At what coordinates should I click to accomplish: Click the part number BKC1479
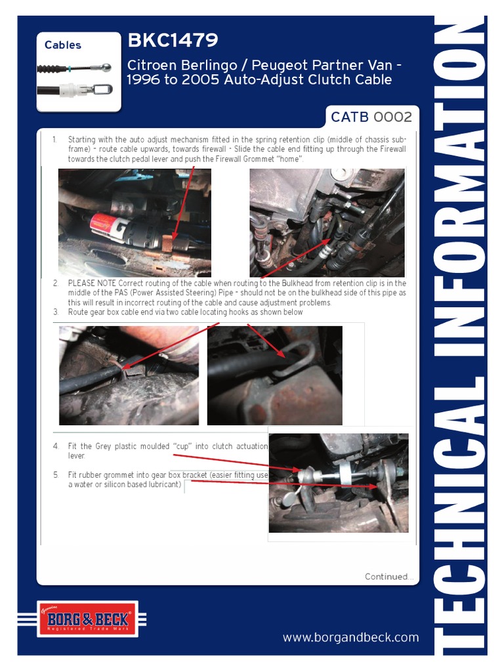(x=173, y=41)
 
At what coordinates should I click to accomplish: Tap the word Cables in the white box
(x=63, y=45)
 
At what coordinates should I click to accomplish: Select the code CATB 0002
(x=371, y=117)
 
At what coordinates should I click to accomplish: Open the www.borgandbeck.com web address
(x=350, y=637)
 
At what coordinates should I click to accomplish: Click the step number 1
(x=54, y=140)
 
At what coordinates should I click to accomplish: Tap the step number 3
(x=56, y=312)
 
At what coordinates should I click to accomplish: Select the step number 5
(x=56, y=474)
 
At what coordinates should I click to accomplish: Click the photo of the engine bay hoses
(x=327, y=222)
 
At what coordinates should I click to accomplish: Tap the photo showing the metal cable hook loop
(x=274, y=375)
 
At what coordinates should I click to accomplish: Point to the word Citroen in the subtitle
(x=152, y=66)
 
